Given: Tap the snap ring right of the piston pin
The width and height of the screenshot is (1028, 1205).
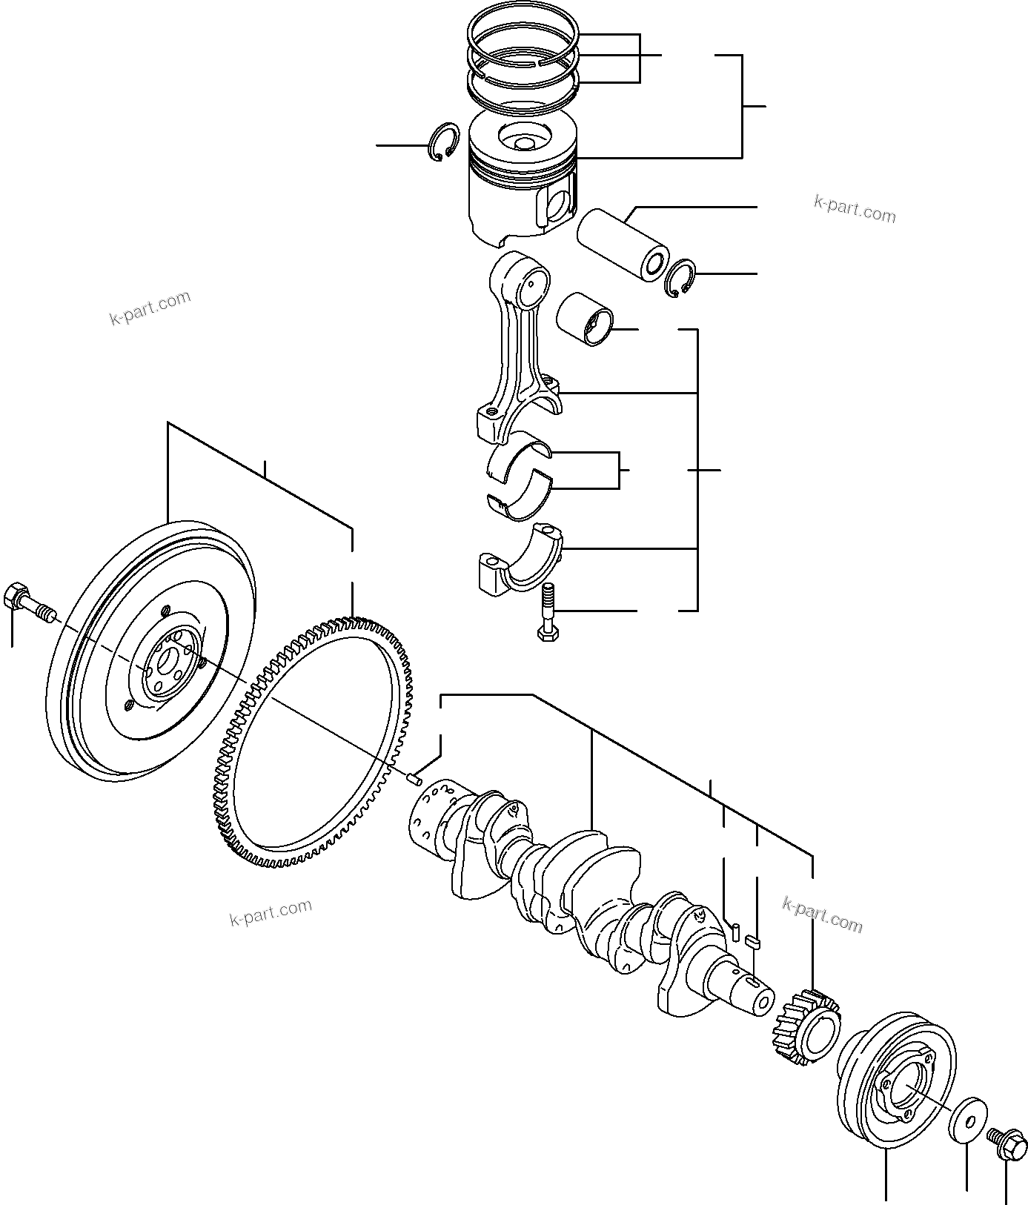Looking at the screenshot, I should [681, 279].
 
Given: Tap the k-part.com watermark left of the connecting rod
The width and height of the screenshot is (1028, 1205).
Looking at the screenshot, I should [150, 308].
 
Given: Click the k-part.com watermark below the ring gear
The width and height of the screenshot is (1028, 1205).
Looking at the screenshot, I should [271, 912].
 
